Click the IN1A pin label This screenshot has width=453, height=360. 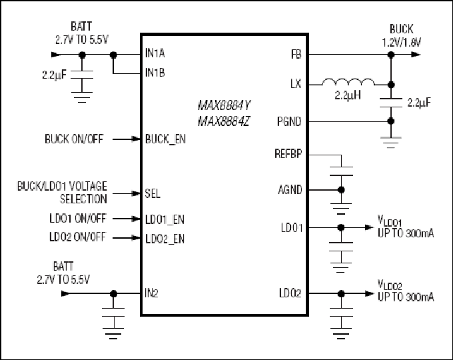(155, 53)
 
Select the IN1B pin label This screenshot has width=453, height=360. (155, 73)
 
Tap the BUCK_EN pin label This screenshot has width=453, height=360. (165, 139)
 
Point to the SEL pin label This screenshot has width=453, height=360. (153, 193)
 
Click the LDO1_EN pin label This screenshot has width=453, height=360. (165, 220)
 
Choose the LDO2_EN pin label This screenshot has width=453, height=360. (165, 239)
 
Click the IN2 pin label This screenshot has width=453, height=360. (151, 293)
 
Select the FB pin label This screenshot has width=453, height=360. (296, 55)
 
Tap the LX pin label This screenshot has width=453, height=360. (296, 84)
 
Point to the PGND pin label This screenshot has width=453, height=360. (289, 122)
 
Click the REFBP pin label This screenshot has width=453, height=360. (288, 154)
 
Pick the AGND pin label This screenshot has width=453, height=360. (290, 190)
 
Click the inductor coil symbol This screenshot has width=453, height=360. (348, 82)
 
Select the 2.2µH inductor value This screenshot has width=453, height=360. (348, 95)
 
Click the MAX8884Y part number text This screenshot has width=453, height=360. (225, 105)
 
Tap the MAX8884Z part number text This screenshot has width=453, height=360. (223, 121)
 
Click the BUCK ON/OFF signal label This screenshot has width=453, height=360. (74, 139)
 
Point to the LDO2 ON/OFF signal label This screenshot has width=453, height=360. (78, 237)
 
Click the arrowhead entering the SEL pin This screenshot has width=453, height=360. (136, 193)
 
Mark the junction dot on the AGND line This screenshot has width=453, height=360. (341, 190)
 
